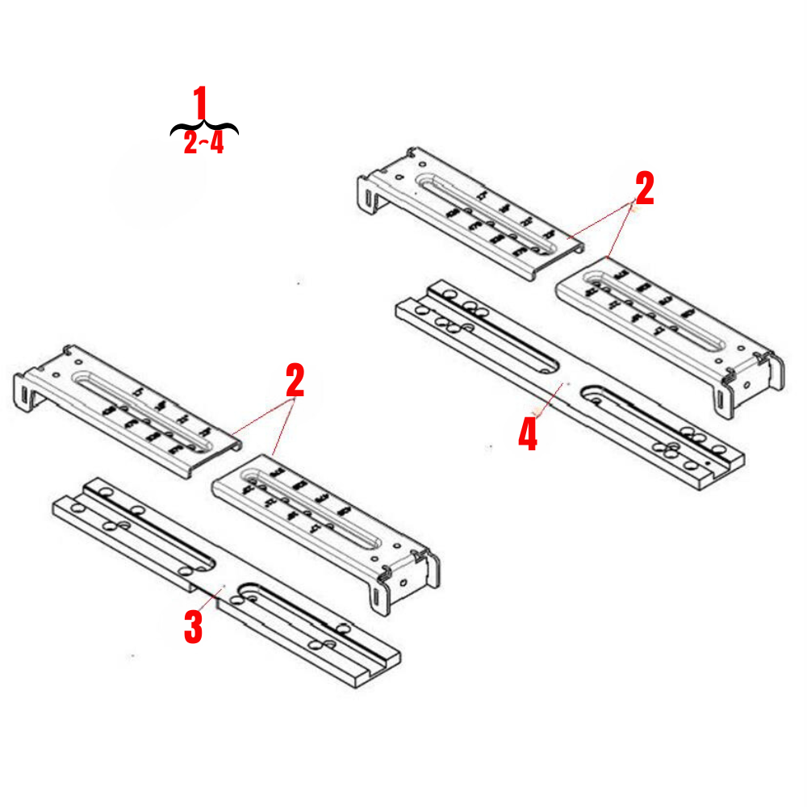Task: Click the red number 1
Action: pos(200,104)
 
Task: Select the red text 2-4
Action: pos(203,144)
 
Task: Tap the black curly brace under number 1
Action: pos(204,127)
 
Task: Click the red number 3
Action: pos(193,627)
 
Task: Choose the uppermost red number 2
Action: pos(644,190)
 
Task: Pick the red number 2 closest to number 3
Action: pos(295,381)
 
